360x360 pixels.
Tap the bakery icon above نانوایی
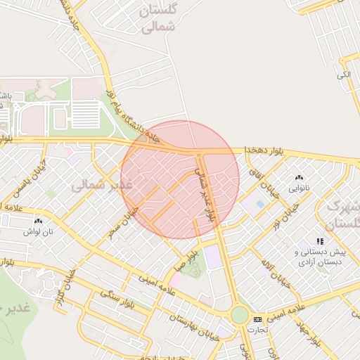point(301,178)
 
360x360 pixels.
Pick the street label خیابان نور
point(286,214)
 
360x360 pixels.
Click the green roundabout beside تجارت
point(240,314)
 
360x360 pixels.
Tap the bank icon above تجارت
point(257,319)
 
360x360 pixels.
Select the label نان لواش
point(39,231)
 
